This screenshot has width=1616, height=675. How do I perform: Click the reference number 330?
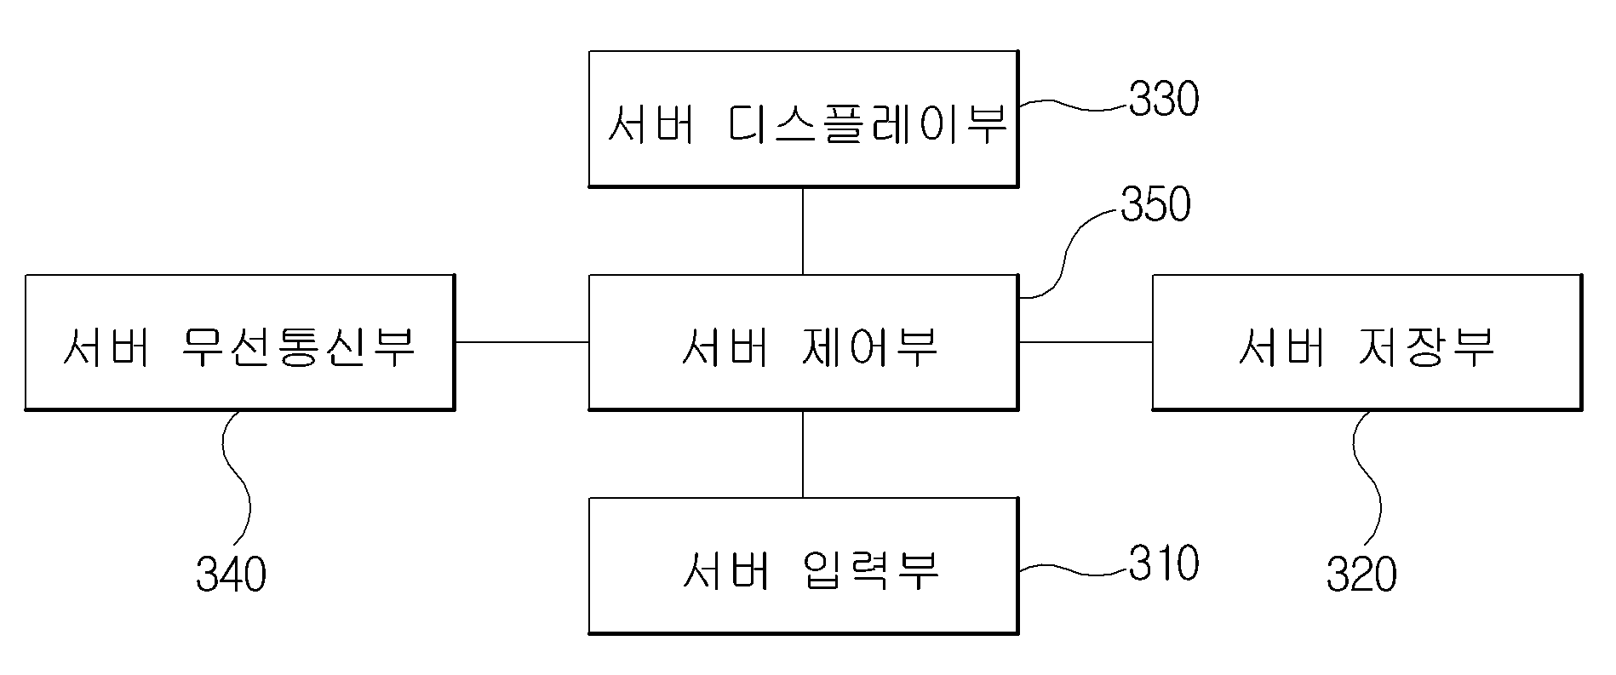coord(1164,99)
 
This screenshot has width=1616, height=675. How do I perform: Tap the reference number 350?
coord(1155,205)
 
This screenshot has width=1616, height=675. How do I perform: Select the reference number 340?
coord(231,574)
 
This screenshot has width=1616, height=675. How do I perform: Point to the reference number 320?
coord(1361,574)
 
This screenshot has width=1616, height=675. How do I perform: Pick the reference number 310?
coord(1164,563)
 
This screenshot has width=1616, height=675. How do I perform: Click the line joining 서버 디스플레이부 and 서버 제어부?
coord(803,231)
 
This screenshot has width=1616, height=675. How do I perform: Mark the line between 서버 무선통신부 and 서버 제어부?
coord(522,342)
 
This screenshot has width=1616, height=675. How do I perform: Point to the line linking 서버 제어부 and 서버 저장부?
coord(1086,342)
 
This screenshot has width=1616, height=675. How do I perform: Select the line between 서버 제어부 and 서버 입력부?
coord(803,455)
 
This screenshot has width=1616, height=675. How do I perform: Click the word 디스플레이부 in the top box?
coord(868,124)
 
